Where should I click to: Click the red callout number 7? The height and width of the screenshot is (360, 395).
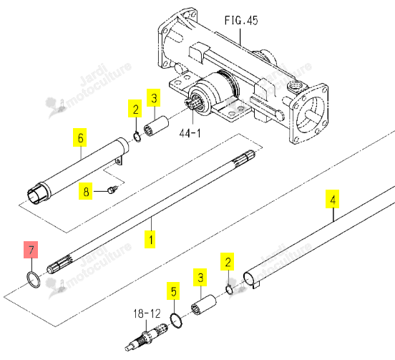click(31, 250)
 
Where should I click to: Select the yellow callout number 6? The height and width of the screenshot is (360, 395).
click(80, 137)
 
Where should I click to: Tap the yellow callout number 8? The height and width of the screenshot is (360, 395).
click(85, 191)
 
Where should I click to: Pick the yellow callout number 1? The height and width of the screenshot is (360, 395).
click(150, 239)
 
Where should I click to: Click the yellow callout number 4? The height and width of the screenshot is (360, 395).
click(332, 199)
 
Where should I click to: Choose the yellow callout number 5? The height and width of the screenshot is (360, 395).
click(173, 291)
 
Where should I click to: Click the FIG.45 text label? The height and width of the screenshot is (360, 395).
click(241, 20)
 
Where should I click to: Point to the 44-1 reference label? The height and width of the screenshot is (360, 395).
click(190, 133)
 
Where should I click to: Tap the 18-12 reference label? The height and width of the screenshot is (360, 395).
click(147, 313)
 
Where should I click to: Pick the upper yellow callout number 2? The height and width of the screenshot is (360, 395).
click(135, 109)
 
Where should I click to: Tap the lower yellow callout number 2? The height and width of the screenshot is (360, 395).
click(228, 261)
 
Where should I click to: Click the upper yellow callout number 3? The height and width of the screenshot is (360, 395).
click(154, 97)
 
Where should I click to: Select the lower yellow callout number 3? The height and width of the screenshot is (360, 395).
click(200, 277)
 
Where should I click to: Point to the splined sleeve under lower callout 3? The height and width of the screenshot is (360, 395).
click(203, 305)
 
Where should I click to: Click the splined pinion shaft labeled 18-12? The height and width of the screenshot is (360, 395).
click(146, 337)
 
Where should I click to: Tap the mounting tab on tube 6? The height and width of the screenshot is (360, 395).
click(120, 160)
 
